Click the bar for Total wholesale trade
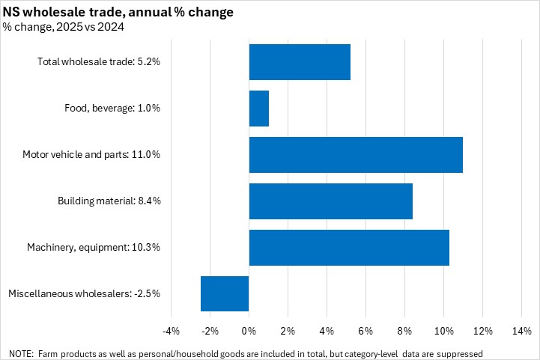[300, 62]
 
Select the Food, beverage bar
[258, 109]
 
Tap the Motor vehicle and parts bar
[356, 155]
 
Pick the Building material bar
[330, 201]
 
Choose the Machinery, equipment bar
[349, 248]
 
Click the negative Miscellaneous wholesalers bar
[225, 293]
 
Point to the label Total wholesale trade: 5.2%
[99, 61]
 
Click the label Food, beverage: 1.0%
[112, 108]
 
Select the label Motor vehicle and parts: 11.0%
[91, 154]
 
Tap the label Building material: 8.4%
[109, 201]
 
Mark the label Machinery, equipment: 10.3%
[94, 247]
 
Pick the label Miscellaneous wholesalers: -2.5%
[84, 293]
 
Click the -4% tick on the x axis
[171, 331]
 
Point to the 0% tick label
[249, 331]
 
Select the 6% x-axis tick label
[365, 331]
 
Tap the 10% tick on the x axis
[443, 331]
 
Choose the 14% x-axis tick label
[521, 331]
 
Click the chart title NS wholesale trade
[118, 12]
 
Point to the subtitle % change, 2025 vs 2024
[64, 27]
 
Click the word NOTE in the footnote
[21, 353]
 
